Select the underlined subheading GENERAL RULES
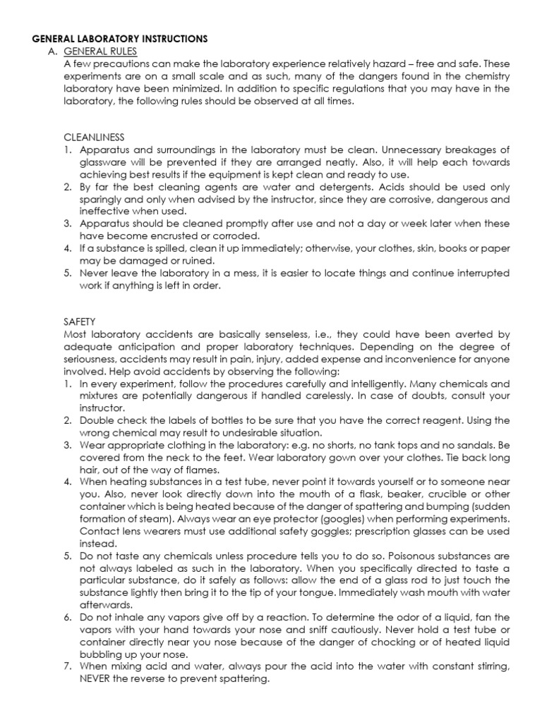coord(100,51)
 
